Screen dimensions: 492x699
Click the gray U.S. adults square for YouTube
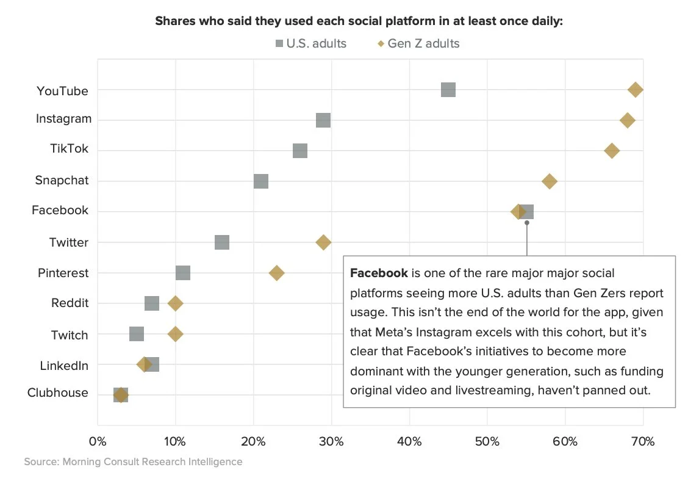coord(448,90)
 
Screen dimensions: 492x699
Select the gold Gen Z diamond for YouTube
coord(636,90)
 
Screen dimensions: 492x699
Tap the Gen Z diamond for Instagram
coord(627,120)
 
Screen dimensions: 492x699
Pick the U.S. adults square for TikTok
coord(300,151)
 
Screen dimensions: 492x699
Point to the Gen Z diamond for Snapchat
coord(550,181)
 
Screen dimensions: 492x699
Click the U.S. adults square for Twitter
coord(222,242)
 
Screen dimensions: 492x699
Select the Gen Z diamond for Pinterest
coord(277,273)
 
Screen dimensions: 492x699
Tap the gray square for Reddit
coord(152,303)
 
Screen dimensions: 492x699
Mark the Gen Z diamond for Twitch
coord(176,334)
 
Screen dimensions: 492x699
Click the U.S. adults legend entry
coord(310,43)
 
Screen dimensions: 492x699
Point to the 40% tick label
coord(409,441)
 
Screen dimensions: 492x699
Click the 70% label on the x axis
coord(643,441)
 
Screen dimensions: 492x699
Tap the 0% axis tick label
coord(98,441)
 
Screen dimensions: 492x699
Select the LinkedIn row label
coord(64,366)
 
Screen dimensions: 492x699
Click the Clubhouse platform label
coord(58,393)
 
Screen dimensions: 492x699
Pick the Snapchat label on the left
coord(62,181)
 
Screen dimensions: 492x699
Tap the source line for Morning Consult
coord(133,461)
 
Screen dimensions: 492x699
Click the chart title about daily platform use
coord(359,21)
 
